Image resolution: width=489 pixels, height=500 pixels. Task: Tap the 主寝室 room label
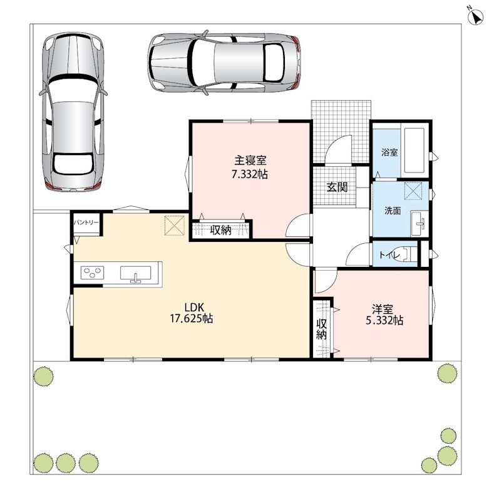click(250, 160)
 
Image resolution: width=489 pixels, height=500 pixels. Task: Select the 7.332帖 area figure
click(250, 174)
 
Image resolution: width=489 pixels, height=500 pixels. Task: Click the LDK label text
click(194, 307)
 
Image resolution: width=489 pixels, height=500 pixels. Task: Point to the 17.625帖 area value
click(192, 319)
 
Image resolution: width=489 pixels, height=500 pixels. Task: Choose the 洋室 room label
click(383, 309)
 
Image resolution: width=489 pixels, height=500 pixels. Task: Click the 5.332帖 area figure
click(384, 320)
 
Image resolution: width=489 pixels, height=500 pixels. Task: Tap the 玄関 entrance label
click(337, 187)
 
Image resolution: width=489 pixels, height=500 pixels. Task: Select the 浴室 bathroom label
click(389, 152)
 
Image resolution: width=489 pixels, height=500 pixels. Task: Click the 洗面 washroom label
click(393, 211)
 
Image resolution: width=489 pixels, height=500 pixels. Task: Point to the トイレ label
click(389, 255)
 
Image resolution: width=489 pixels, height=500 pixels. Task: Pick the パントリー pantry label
click(86, 222)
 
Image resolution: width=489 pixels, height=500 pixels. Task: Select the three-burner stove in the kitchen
click(92, 273)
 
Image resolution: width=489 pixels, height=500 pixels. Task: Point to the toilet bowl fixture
click(406, 254)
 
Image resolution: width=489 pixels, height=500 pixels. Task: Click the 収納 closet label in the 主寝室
click(220, 230)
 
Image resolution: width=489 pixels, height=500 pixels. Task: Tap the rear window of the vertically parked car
click(73, 164)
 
